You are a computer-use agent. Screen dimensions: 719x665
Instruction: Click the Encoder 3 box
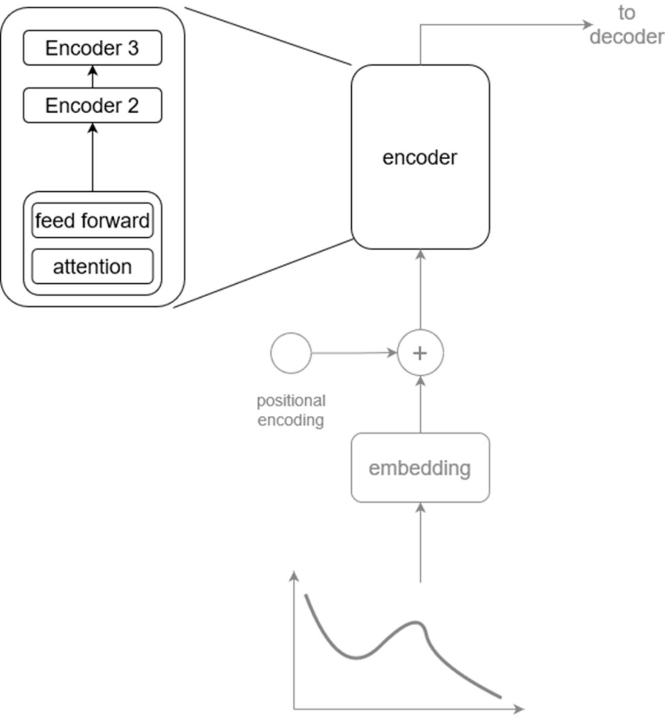point(92,48)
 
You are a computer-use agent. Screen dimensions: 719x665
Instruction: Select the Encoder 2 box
point(92,105)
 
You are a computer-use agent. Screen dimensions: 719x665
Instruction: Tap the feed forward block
point(92,220)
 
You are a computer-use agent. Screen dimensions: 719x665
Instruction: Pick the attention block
point(92,266)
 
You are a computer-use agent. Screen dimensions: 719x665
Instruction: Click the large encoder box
point(420,157)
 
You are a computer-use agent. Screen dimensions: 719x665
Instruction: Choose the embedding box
point(420,468)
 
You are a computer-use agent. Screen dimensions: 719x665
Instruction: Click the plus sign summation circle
point(420,353)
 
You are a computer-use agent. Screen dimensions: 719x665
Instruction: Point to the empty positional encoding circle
point(291,352)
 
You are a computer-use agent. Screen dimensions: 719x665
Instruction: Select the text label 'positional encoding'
point(291,410)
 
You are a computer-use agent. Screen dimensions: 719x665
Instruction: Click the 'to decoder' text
point(626,25)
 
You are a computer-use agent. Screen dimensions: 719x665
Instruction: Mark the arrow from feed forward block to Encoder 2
point(92,157)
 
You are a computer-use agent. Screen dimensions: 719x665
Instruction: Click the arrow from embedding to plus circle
point(421,404)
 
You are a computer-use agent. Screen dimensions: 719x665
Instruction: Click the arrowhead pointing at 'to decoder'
point(588,24)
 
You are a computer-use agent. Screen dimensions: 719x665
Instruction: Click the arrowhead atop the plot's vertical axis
point(294,575)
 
